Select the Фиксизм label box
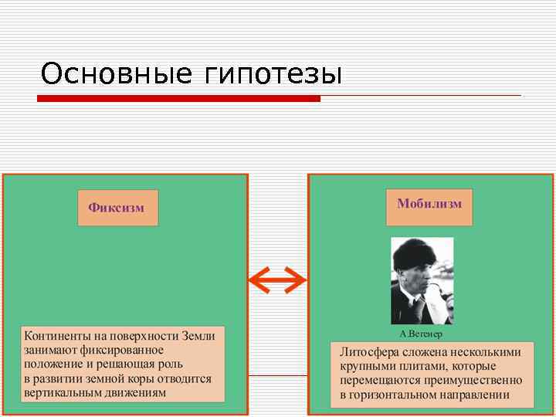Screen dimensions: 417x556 point(117,208)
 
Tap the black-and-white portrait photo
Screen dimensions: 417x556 point(422,280)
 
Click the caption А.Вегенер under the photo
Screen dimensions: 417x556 point(421,334)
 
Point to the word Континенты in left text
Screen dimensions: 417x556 point(59,337)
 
